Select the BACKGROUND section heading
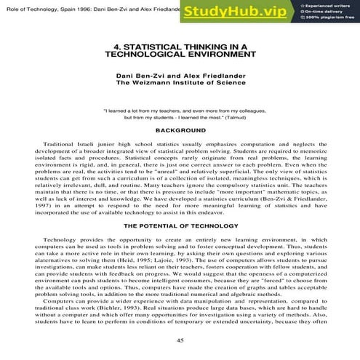[180, 129]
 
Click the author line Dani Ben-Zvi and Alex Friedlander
[180, 76]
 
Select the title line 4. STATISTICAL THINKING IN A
[180, 45]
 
